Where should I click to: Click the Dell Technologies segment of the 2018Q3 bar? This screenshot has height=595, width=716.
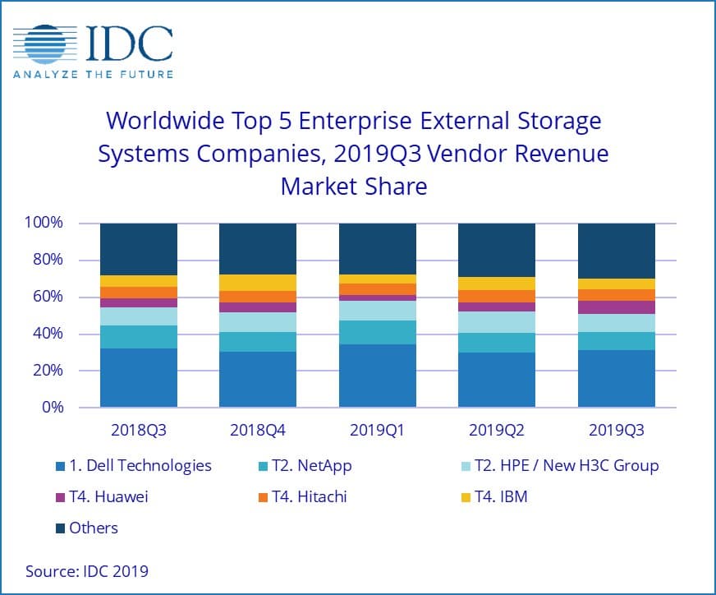click(139, 377)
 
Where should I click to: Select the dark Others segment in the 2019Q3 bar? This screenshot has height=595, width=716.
click(616, 251)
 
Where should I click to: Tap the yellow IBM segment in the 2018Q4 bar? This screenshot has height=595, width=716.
click(257, 283)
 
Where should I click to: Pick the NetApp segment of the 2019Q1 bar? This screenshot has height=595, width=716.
click(377, 332)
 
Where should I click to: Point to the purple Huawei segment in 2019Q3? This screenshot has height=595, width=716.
click(616, 307)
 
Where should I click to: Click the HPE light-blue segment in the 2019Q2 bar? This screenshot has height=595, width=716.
click(496, 322)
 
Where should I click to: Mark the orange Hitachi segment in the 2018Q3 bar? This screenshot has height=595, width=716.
click(139, 293)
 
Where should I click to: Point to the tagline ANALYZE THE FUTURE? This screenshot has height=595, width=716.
click(93, 75)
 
